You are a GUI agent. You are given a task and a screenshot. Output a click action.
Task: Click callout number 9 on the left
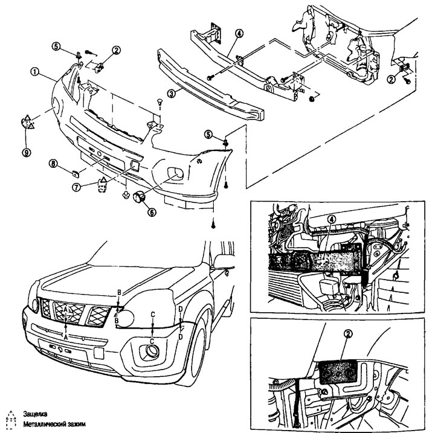[26, 153]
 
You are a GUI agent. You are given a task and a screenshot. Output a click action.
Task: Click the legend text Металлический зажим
[52, 425]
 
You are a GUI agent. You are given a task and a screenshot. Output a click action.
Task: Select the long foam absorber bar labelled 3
[211, 85]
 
